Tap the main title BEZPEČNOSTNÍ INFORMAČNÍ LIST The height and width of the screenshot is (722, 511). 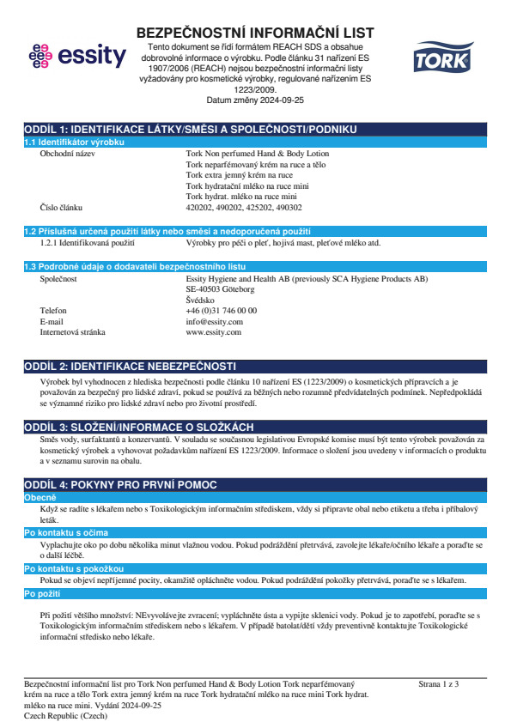point(255,33)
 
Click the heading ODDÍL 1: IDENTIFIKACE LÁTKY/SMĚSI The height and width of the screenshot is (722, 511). point(190,129)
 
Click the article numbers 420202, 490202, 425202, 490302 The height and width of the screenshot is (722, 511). point(244,207)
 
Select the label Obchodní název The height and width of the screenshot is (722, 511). point(68,153)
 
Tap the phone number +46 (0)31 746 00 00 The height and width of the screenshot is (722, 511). point(221,310)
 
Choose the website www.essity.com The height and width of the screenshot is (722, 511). point(214,331)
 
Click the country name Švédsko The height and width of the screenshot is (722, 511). point(201,300)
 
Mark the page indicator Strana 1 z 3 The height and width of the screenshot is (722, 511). point(439,683)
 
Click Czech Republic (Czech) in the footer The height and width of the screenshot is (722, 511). point(67,714)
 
